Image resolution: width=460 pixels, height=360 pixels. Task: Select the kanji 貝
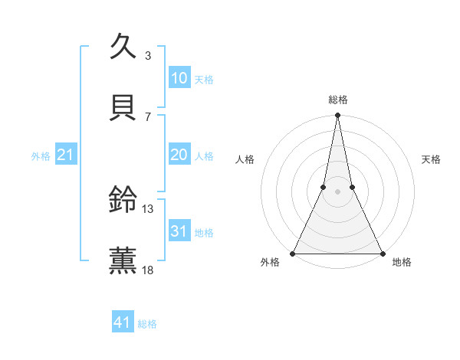pos(123,106)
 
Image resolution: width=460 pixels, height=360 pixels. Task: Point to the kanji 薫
pos(123,259)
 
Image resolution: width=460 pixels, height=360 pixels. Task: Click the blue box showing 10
pos(179,78)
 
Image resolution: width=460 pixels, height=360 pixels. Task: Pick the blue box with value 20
pos(179,155)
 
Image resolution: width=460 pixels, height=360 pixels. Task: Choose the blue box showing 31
pos(179,231)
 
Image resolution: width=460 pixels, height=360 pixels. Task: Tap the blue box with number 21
pos(65,155)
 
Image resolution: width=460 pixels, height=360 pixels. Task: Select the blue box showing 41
pos(123,322)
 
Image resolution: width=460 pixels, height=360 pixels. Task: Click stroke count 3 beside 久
pos(148,56)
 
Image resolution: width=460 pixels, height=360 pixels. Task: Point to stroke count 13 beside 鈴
pos(148,208)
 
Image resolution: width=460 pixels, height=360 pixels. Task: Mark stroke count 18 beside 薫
pos(148,269)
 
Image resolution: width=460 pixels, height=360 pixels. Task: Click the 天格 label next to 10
pos(204,80)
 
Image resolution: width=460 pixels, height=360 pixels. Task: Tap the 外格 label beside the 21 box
pos(41,156)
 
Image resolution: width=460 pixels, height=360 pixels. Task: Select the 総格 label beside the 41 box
pos(147,324)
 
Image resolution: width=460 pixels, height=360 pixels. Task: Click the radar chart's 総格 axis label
pos(337,100)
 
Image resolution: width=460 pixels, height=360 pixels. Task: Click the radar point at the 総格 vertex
pos(337,116)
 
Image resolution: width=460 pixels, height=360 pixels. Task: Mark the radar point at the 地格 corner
pos(382,253)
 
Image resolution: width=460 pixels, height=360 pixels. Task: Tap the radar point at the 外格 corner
pos(293,253)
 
